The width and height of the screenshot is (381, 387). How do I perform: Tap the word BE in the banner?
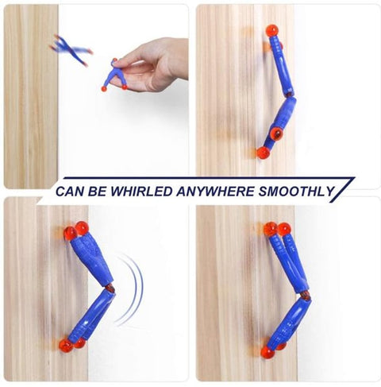click(103, 191)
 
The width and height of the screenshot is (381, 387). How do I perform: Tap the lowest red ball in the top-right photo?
click(262, 153)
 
